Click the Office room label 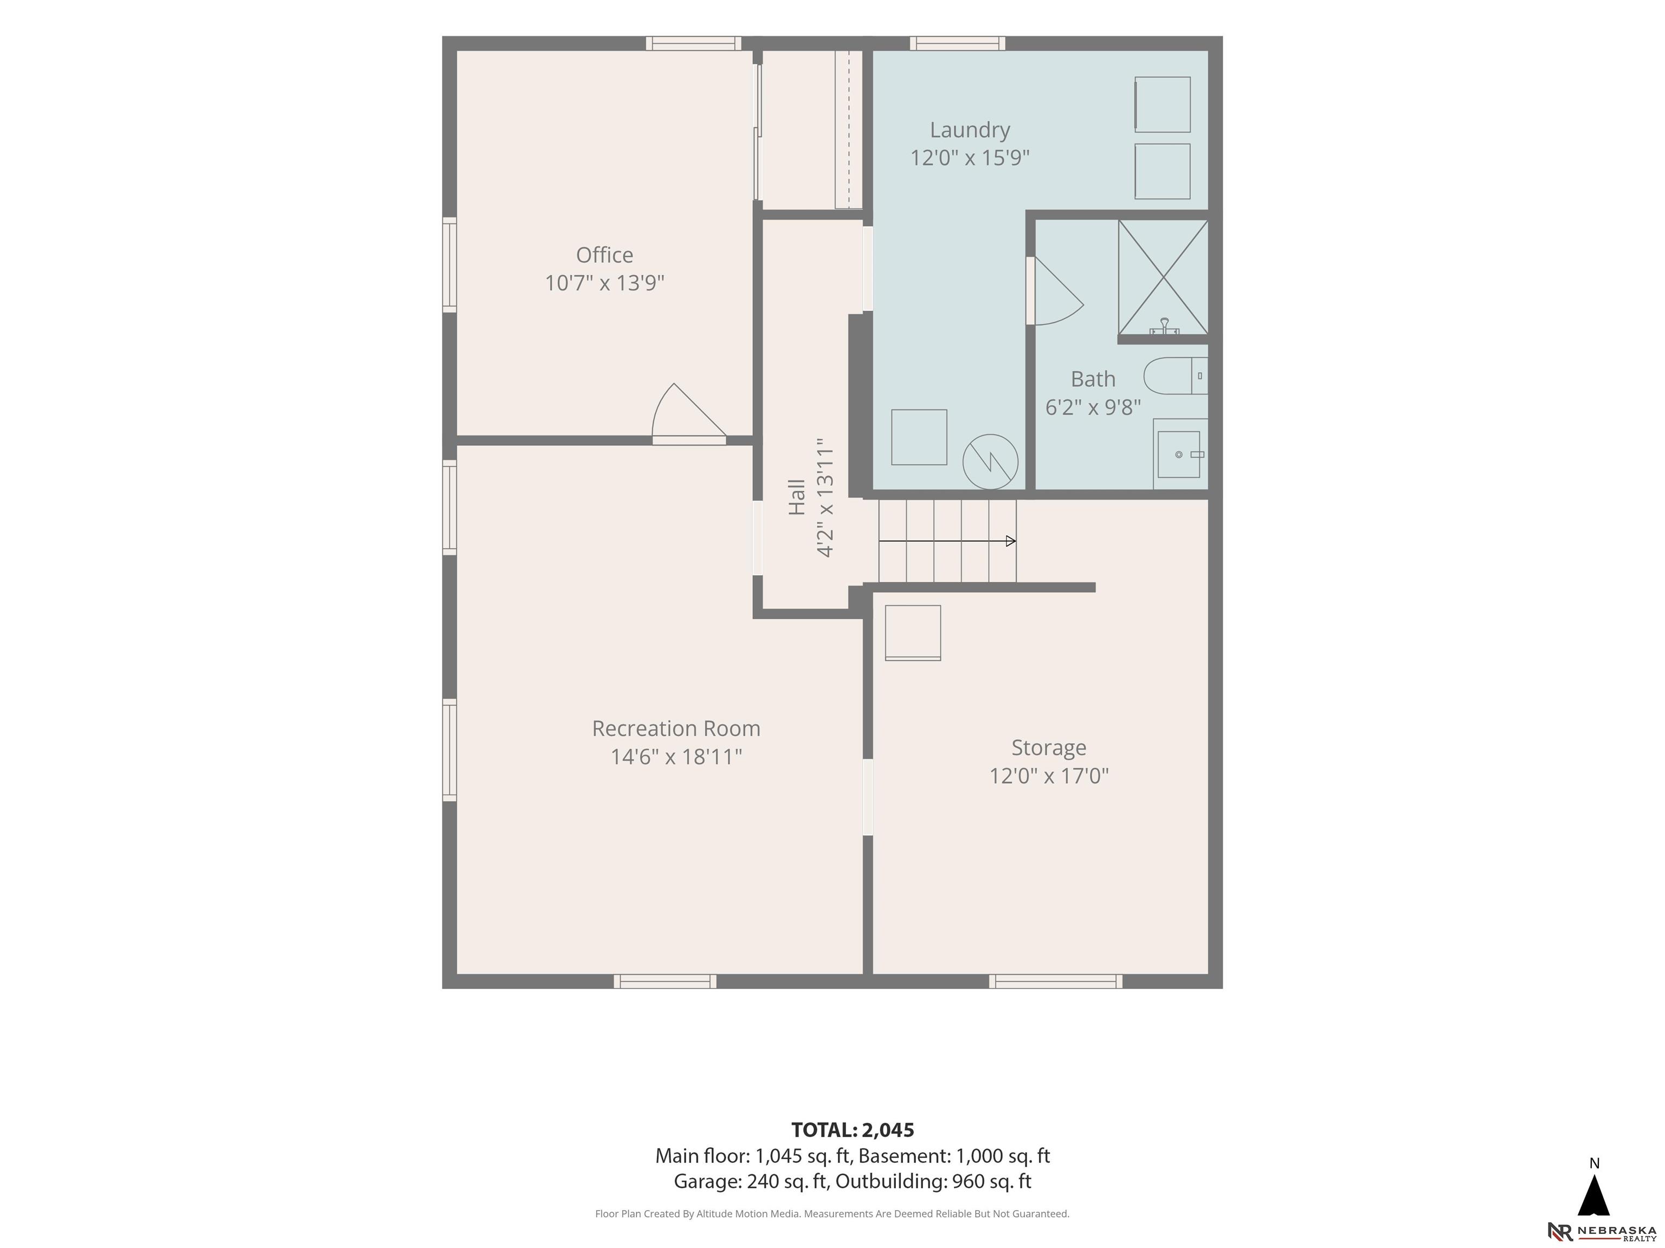coord(604,255)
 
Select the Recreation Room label coord(676,728)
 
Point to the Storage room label coord(1049,747)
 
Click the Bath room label coord(1093,379)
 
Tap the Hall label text coord(796,497)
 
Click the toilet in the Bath coord(1176,375)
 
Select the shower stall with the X coord(1163,277)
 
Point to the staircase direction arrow coord(947,541)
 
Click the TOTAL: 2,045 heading coord(853,1130)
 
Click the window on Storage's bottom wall coord(1055,981)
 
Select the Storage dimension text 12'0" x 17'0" coord(1049,776)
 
